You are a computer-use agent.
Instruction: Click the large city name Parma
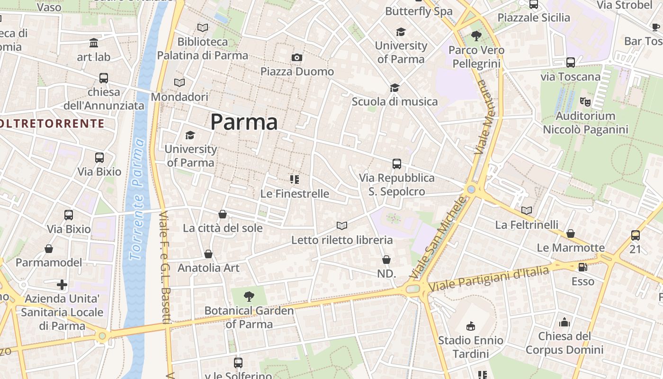(x=244, y=122)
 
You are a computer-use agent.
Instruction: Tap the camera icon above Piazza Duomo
(x=297, y=58)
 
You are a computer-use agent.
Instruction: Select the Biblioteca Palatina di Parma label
(x=203, y=48)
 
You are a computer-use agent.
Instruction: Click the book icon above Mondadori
(x=179, y=83)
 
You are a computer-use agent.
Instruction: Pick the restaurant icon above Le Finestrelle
(x=295, y=180)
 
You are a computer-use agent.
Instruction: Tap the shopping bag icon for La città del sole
(x=223, y=215)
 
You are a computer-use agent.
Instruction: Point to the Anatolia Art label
(x=208, y=268)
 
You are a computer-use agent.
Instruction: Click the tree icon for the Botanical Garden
(x=249, y=297)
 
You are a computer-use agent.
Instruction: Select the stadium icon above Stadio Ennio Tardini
(x=470, y=326)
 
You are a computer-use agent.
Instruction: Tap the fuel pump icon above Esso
(x=583, y=267)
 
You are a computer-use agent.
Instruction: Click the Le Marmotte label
(x=571, y=248)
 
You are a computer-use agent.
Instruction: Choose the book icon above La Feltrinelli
(x=527, y=210)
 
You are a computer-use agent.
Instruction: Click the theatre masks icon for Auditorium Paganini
(x=585, y=101)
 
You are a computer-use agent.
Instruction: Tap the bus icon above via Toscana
(x=571, y=63)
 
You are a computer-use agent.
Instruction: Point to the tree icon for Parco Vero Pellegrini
(x=476, y=36)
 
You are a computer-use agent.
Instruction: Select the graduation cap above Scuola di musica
(x=394, y=88)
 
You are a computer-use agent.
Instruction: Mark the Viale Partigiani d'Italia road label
(x=488, y=279)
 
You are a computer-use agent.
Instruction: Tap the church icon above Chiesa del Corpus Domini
(x=564, y=323)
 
